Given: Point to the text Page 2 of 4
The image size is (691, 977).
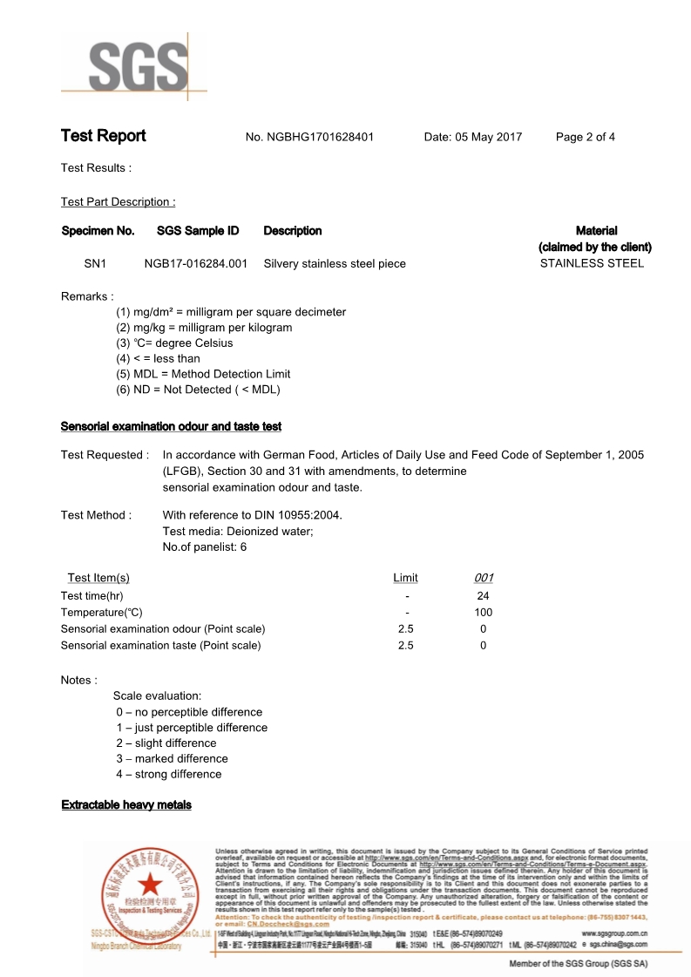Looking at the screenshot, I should click(585, 137).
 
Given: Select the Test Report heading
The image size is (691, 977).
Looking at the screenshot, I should click(103, 136).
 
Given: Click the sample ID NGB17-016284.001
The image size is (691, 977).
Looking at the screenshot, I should click(195, 263).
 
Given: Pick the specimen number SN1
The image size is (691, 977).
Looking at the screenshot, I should click(94, 263).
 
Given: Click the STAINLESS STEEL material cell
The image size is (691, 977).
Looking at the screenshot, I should click(592, 263).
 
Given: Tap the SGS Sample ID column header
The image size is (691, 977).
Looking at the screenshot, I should click(197, 231).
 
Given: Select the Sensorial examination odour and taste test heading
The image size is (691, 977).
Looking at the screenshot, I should click(171, 426).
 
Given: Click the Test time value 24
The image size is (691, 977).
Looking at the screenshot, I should click(483, 596).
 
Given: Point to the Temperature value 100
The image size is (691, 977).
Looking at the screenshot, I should click(483, 613).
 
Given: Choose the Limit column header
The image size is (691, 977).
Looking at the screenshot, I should click(405, 578).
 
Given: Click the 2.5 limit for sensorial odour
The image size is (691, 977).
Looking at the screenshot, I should click(405, 629).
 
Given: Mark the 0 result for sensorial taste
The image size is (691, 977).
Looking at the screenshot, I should click(483, 646).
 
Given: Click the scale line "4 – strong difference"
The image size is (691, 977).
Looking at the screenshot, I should click(169, 774).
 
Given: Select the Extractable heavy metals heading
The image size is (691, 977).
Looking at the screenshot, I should click(126, 804).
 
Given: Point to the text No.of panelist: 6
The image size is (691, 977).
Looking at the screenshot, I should click(205, 547).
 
